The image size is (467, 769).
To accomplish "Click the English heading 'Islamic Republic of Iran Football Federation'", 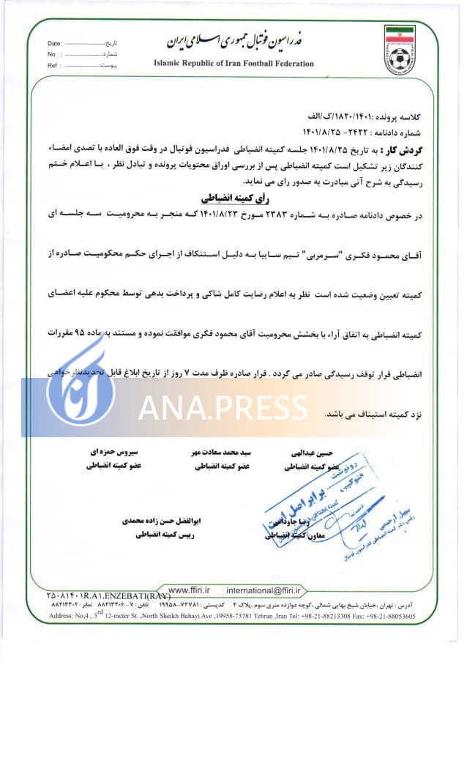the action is pos(233,64).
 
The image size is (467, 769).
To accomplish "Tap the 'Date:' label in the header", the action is pos(55,44).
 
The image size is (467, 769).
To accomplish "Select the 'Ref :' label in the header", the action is pos(53,65).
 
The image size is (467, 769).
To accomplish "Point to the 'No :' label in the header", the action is pos(52,54).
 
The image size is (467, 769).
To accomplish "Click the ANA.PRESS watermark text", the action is pos(223,407).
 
